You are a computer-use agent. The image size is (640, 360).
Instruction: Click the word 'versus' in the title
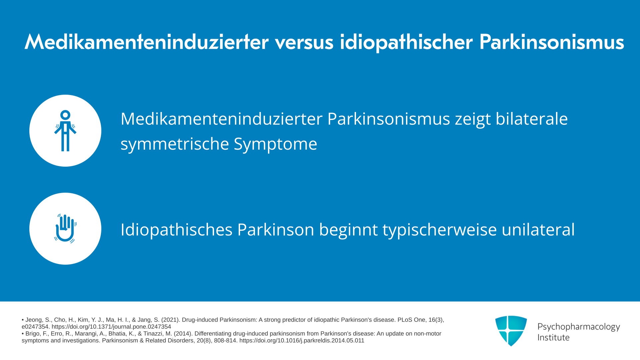click(304, 42)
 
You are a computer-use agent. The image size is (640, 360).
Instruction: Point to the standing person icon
click(65, 131)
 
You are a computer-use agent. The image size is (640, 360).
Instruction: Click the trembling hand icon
click(65, 229)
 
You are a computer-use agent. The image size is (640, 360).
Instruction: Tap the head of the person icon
click(65, 115)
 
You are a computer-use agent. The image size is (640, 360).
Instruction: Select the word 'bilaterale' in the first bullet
click(532, 119)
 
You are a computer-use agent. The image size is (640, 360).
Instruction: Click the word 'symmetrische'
click(175, 144)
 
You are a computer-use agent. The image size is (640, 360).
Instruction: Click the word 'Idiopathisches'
click(176, 230)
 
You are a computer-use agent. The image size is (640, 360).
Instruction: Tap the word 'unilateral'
click(538, 230)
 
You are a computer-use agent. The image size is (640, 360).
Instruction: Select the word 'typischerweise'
click(440, 230)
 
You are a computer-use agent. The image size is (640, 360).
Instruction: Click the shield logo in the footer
click(511, 331)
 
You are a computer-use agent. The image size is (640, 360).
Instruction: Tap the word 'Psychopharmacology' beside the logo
click(579, 327)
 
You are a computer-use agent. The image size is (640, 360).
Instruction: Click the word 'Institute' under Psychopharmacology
click(553, 337)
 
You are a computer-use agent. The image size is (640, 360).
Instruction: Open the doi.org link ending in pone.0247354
click(111, 327)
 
